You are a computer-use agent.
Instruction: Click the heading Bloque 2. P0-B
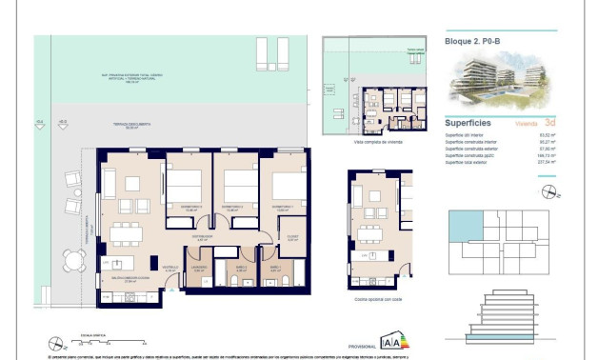point(473,42)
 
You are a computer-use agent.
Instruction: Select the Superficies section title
point(468,124)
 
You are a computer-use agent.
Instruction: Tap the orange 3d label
point(549,124)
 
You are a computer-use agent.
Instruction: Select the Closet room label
point(291,239)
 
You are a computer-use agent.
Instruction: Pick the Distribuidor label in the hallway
point(203,239)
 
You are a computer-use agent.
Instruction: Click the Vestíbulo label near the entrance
point(169,270)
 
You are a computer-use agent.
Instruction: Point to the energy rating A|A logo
point(390,341)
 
